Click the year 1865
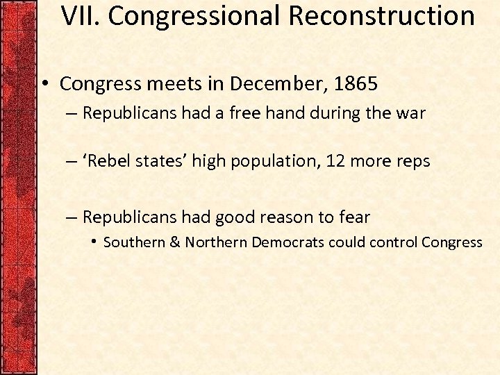click(x=355, y=85)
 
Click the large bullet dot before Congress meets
click(x=43, y=85)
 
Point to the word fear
click(x=353, y=217)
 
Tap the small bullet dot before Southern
click(x=94, y=242)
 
